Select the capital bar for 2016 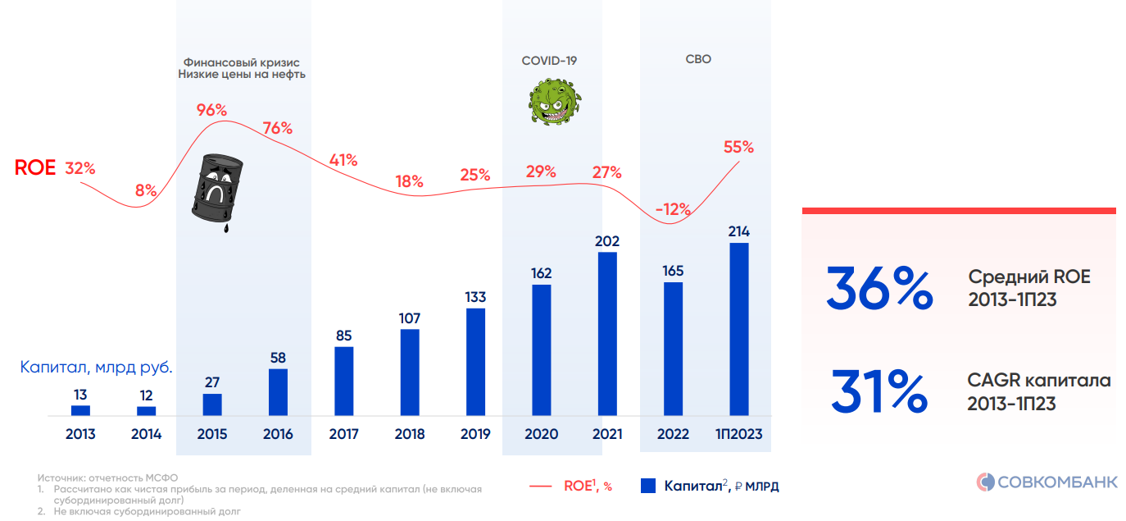pos(278,392)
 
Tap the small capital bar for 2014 pos(147,411)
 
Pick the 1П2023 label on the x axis pos(738,434)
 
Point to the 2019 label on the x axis pos(475,434)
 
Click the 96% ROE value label pos(211,110)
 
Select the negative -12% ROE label pos(673,209)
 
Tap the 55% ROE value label pos(738,148)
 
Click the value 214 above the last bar pos(738,231)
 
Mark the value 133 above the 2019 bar pos(475,297)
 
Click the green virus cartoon pos(554,101)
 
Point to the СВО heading pos(698,59)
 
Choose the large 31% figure pos(879,391)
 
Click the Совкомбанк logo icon pos(985,482)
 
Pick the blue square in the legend pos(647,486)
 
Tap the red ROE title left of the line pos(35,168)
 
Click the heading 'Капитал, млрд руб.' pos(96,368)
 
